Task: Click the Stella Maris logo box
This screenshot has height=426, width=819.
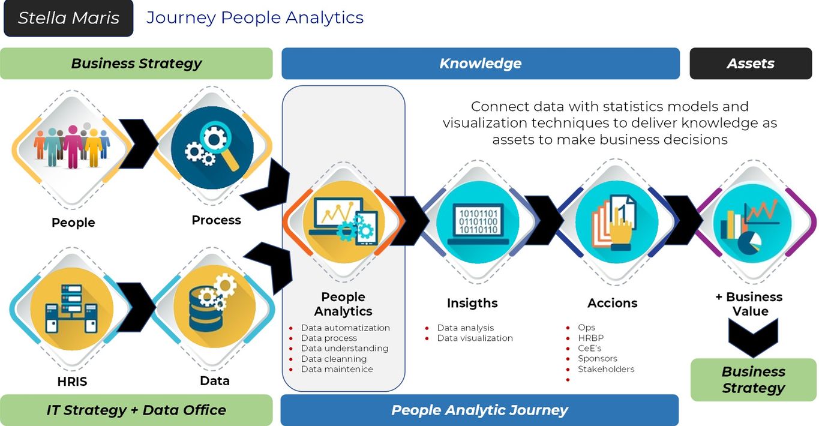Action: point(68,18)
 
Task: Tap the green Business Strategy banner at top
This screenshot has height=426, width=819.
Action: point(136,64)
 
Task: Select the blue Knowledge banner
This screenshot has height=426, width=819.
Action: point(480,64)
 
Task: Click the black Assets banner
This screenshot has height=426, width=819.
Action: point(750,64)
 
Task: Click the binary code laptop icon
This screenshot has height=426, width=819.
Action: point(473,221)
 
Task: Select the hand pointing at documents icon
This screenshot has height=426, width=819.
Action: point(613,221)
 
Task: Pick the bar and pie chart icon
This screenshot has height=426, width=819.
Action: point(754,221)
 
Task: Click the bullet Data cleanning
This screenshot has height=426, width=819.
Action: point(334,359)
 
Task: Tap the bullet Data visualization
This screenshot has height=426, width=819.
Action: point(475,338)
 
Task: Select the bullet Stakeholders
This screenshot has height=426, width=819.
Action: point(605,369)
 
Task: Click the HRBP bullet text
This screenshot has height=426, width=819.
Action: point(590,338)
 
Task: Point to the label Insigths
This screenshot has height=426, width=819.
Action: point(472,303)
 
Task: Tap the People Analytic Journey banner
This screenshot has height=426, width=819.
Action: point(479,410)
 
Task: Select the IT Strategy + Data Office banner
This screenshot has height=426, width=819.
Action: point(136,410)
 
